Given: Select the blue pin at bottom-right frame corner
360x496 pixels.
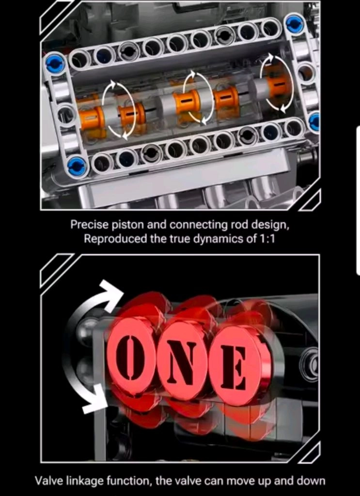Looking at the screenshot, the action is tap(315, 122).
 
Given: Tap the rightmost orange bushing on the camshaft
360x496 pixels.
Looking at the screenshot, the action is tap(278, 83).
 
